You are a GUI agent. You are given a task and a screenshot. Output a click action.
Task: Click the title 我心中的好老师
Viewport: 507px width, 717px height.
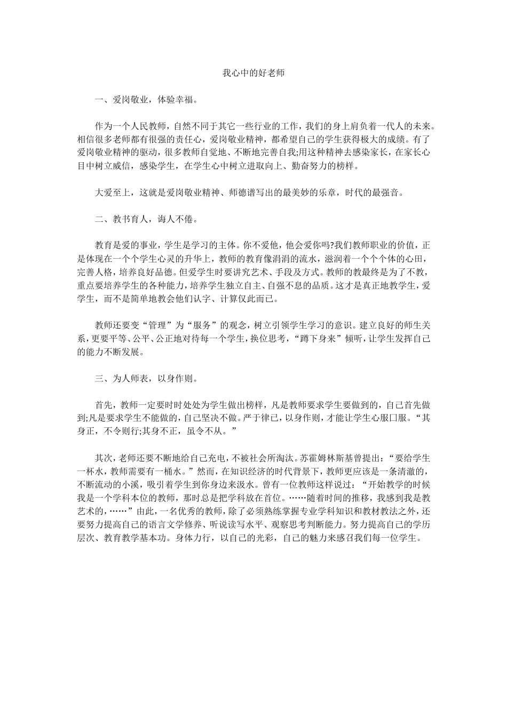tap(253, 73)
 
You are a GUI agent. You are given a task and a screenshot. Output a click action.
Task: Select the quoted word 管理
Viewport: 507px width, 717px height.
tap(160, 325)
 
